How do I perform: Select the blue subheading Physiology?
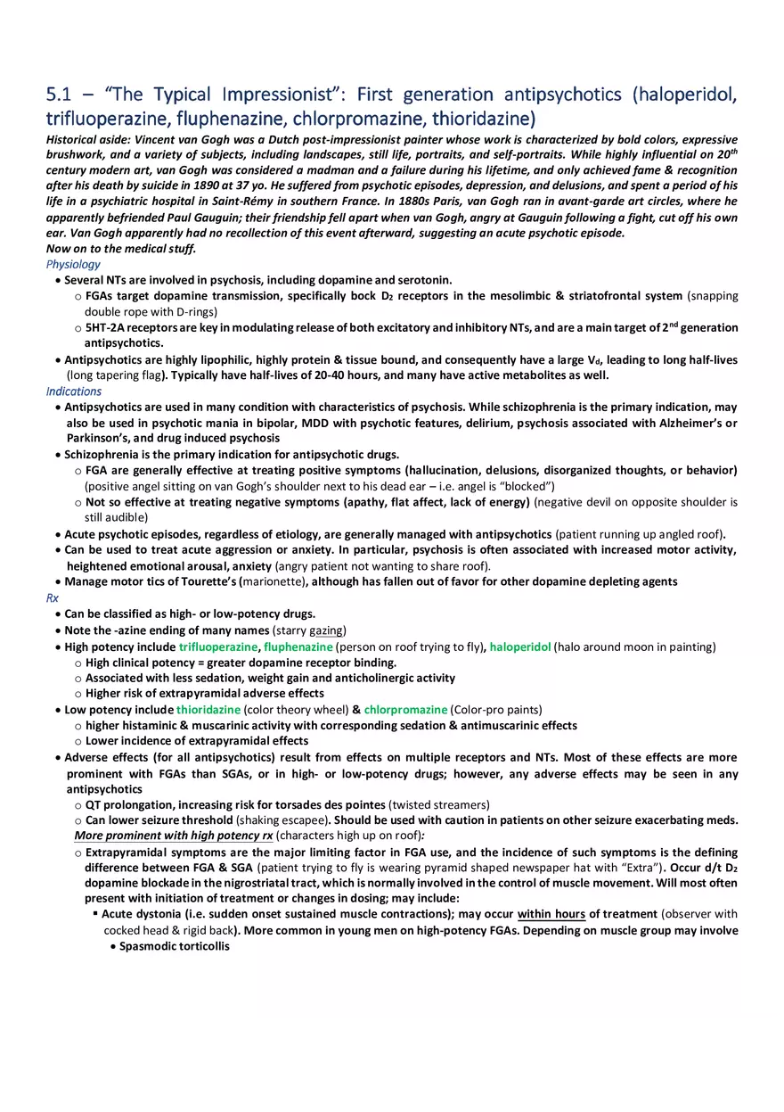point(73,264)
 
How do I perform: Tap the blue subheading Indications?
point(74,391)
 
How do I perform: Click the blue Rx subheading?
point(52,598)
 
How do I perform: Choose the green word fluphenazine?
point(298,647)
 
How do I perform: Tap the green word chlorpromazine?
point(405,710)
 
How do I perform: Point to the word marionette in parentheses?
point(273,582)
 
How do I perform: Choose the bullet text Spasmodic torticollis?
point(174,946)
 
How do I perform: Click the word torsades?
point(291,804)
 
